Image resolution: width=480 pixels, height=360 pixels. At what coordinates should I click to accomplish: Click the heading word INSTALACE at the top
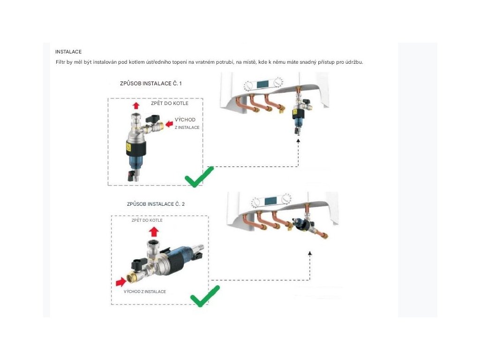68,52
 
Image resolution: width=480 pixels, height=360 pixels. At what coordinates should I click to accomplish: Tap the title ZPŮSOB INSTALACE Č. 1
150,83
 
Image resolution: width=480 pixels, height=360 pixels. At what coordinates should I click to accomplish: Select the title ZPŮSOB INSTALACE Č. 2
156,204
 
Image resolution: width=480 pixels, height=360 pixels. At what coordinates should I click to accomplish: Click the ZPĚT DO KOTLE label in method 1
170,103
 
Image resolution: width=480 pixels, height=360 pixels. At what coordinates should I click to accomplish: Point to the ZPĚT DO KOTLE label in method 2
147,220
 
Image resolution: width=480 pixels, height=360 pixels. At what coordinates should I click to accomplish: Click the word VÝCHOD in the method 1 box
185,120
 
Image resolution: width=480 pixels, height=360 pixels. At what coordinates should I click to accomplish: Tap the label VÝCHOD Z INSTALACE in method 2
145,292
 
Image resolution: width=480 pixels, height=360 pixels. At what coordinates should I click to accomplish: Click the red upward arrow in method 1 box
136,106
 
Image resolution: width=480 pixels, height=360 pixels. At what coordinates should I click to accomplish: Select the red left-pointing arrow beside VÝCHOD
169,124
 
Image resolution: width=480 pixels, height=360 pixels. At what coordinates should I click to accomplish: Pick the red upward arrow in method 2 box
154,232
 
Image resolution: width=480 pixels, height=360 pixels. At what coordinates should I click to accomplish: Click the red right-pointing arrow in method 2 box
121,282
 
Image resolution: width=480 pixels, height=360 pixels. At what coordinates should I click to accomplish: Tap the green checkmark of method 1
199,177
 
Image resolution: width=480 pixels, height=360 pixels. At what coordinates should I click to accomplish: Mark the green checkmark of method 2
205,296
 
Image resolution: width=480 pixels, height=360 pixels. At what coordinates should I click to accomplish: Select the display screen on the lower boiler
270,201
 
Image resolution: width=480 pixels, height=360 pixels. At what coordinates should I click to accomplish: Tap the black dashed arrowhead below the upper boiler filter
298,141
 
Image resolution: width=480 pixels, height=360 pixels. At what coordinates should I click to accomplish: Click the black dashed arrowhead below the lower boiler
310,253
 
